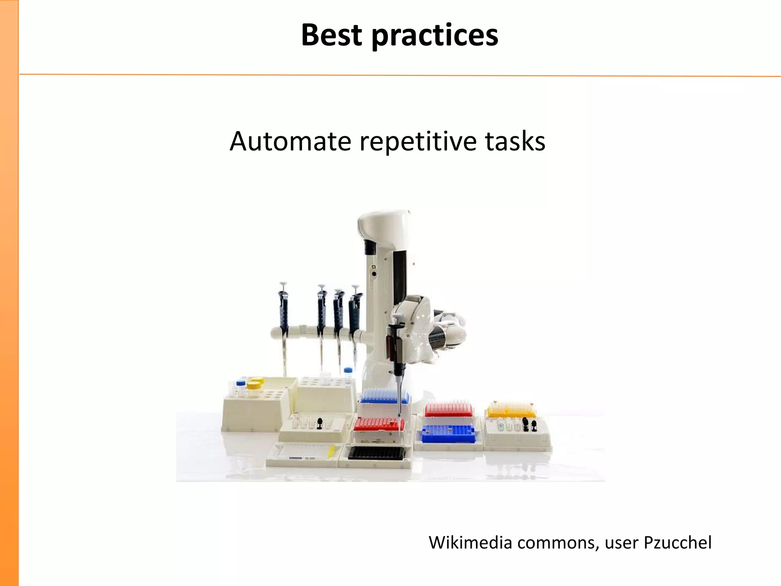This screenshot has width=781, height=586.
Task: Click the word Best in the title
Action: (331, 35)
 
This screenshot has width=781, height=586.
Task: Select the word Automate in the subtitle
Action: (290, 141)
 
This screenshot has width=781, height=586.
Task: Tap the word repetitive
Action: (418, 141)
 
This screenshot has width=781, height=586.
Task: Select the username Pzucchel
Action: (677, 543)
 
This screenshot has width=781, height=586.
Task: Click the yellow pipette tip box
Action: (511, 411)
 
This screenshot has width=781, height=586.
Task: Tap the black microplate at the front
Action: (376, 453)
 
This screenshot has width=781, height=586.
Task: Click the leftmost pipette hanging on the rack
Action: (283, 317)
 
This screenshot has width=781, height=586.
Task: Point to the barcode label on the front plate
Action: (296, 457)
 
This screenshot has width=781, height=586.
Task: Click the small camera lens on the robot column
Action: (374, 274)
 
